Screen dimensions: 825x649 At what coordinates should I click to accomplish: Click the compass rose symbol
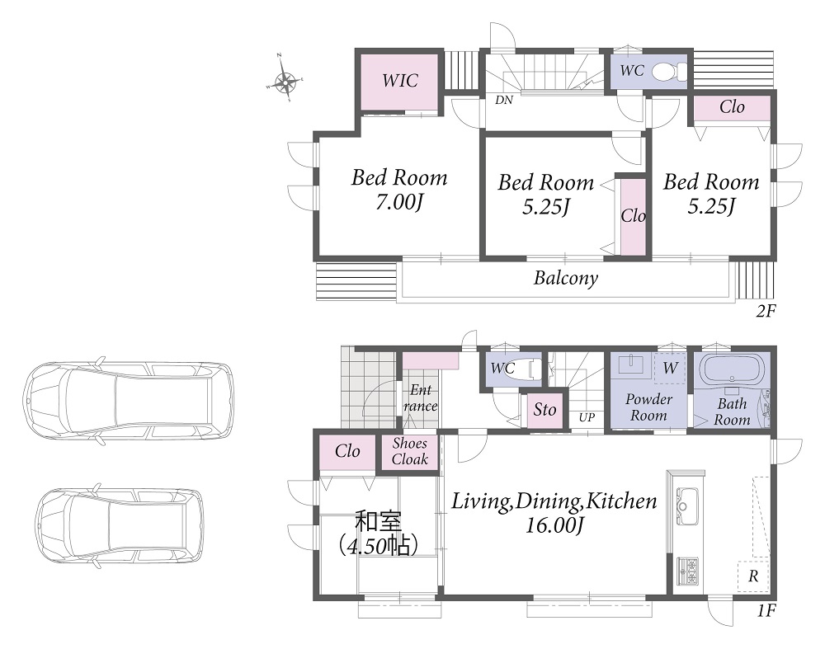[285, 81]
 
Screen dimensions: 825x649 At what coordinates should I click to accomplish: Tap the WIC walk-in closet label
[400, 81]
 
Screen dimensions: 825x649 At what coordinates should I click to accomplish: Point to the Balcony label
[566, 278]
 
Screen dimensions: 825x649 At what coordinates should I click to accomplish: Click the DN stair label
[503, 100]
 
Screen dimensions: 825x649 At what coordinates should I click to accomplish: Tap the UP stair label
[587, 417]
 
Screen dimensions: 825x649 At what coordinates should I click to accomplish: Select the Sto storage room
[544, 410]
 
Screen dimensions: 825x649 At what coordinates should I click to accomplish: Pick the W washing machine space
[670, 367]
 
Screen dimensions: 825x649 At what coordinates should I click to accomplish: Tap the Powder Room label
[648, 407]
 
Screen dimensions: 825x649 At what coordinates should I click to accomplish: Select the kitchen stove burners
[687, 571]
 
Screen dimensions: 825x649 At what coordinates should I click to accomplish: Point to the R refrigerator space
[753, 576]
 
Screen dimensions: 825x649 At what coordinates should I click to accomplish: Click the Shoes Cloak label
[409, 451]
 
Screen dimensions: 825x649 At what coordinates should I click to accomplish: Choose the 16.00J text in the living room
[555, 525]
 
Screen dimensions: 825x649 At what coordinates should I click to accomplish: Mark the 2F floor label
[766, 312]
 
